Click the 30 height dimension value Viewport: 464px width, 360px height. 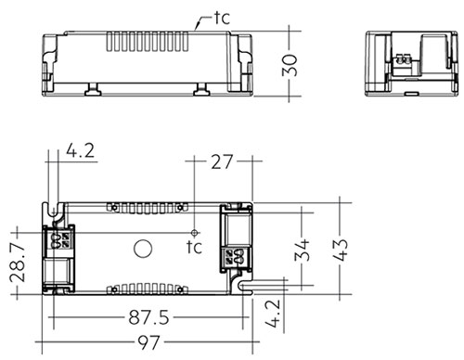(x=290, y=65)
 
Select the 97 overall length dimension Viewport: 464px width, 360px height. (x=149, y=342)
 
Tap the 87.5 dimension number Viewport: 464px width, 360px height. (x=149, y=317)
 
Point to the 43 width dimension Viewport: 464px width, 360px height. (x=341, y=250)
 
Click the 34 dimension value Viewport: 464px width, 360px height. (x=302, y=250)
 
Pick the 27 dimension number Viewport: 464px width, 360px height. (x=222, y=161)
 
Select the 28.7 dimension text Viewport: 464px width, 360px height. (x=18, y=263)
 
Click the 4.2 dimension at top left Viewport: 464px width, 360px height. (x=81, y=151)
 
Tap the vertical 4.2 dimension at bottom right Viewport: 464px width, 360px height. (x=273, y=313)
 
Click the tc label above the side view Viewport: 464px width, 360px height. (x=223, y=19)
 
